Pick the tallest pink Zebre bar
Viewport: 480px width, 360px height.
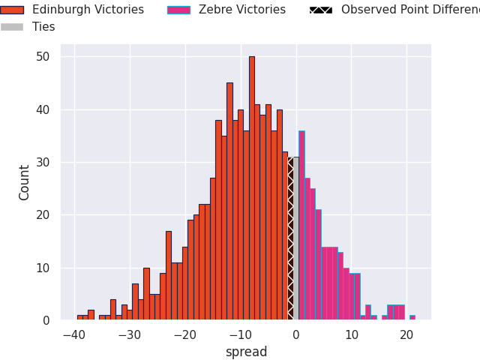[x=301, y=225]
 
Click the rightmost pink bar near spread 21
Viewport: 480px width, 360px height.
[x=412, y=317]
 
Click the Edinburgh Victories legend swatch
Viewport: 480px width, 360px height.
[x=12, y=10]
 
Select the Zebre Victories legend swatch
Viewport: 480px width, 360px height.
[x=178, y=10]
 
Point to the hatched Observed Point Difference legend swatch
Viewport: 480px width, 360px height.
[x=321, y=10]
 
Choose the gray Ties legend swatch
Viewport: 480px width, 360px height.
[x=12, y=27]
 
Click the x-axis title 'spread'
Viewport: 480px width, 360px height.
[x=246, y=352]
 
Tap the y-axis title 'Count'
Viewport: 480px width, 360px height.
[x=25, y=182]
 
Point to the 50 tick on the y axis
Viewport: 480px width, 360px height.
[x=43, y=57]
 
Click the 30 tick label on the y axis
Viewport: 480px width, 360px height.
[x=43, y=163]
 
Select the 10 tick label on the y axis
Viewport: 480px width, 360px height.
[x=43, y=268]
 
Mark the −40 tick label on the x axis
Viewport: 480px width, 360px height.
[x=73, y=334]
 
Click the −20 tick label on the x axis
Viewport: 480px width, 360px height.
[x=184, y=334]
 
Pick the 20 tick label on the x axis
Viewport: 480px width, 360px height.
[x=406, y=334]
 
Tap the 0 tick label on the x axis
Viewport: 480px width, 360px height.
[x=295, y=334]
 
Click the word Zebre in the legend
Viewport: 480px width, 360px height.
[x=214, y=10]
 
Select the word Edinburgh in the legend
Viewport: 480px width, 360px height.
[x=60, y=10]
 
